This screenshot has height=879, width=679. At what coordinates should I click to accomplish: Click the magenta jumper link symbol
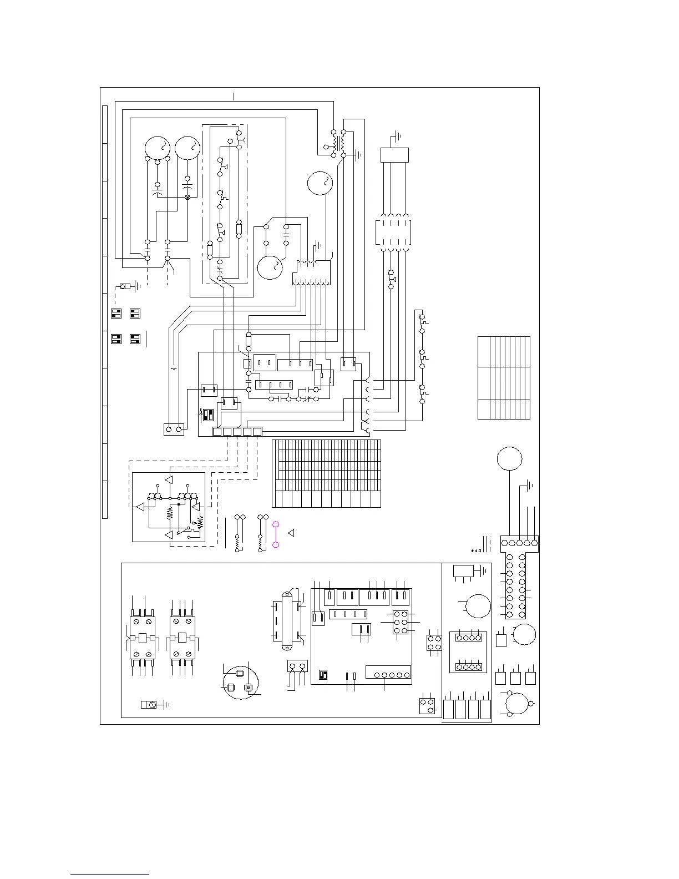pos(276,534)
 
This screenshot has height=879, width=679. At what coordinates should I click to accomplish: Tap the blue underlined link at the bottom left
pos(110,874)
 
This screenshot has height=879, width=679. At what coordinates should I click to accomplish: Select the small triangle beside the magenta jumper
pos(290,533)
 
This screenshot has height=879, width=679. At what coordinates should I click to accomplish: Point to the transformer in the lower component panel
pos(287,620)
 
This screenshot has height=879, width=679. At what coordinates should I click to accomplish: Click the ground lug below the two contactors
pos(149,705)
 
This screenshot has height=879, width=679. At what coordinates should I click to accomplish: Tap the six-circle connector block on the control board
pos(401,623)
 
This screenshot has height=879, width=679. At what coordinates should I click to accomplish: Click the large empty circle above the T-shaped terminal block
pos(510,459)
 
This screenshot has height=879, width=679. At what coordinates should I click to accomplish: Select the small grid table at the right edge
pos(504,377)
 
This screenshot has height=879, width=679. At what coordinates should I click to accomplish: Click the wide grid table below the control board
pos(326,473)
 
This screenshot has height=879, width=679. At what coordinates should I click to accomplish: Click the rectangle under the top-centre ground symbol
pos(394,155)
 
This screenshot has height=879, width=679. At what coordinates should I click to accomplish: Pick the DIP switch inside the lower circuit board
pos(323,674)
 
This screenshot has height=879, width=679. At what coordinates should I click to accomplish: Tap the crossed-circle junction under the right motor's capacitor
pos(187,197)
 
